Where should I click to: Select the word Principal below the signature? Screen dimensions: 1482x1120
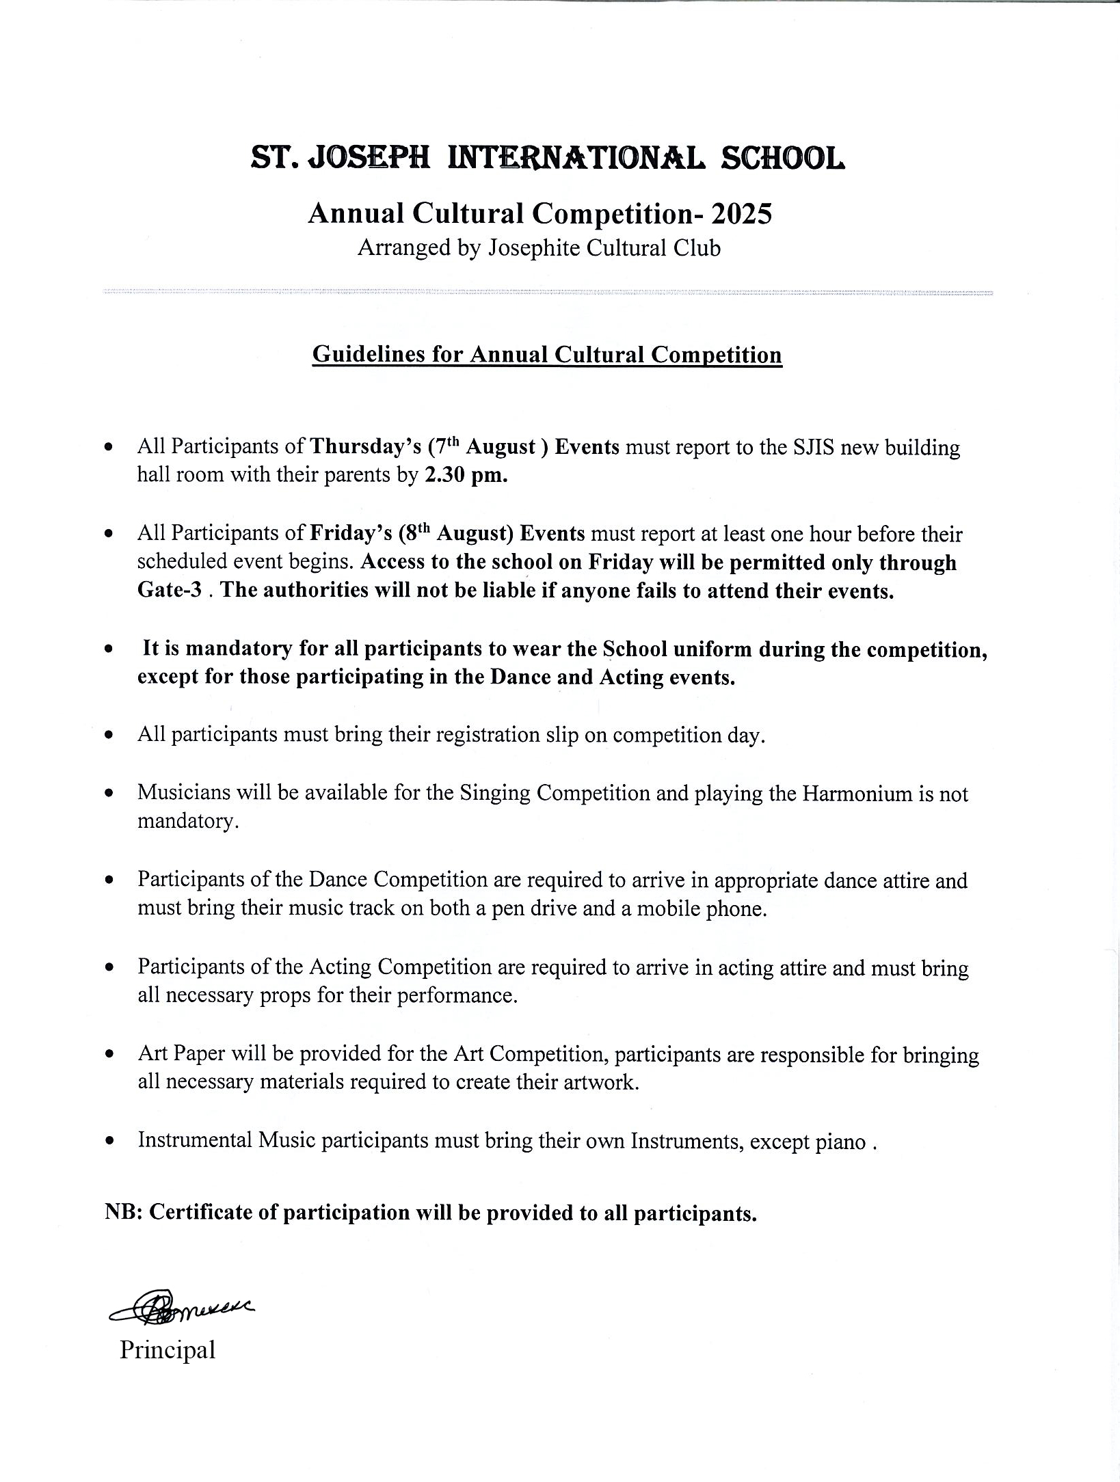(x=168, y=1349)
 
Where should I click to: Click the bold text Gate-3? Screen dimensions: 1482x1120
(x=170, y=590)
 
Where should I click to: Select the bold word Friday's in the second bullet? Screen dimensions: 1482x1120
(x=350, y=534)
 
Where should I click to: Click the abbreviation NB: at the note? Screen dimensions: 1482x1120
(x=123, y=1212)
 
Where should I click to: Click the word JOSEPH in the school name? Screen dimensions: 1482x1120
(x=370, y=159)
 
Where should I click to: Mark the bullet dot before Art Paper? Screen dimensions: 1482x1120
(x=109, y=1055)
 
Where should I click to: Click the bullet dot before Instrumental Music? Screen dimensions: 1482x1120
(x=109, y=1142)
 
